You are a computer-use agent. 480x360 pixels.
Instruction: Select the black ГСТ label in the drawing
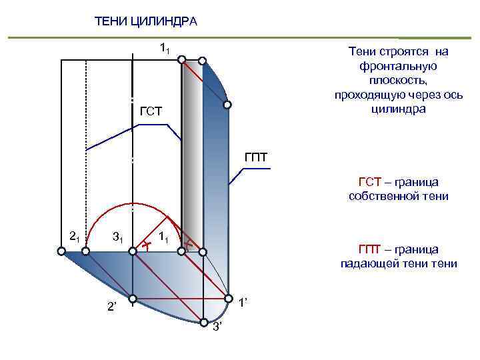(151, 110)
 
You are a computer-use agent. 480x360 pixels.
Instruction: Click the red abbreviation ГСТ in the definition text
(369, 183)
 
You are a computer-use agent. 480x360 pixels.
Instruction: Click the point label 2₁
(75, 235)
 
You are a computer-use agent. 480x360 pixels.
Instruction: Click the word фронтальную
(398, 66)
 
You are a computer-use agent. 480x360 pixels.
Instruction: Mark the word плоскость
(398, 80)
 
